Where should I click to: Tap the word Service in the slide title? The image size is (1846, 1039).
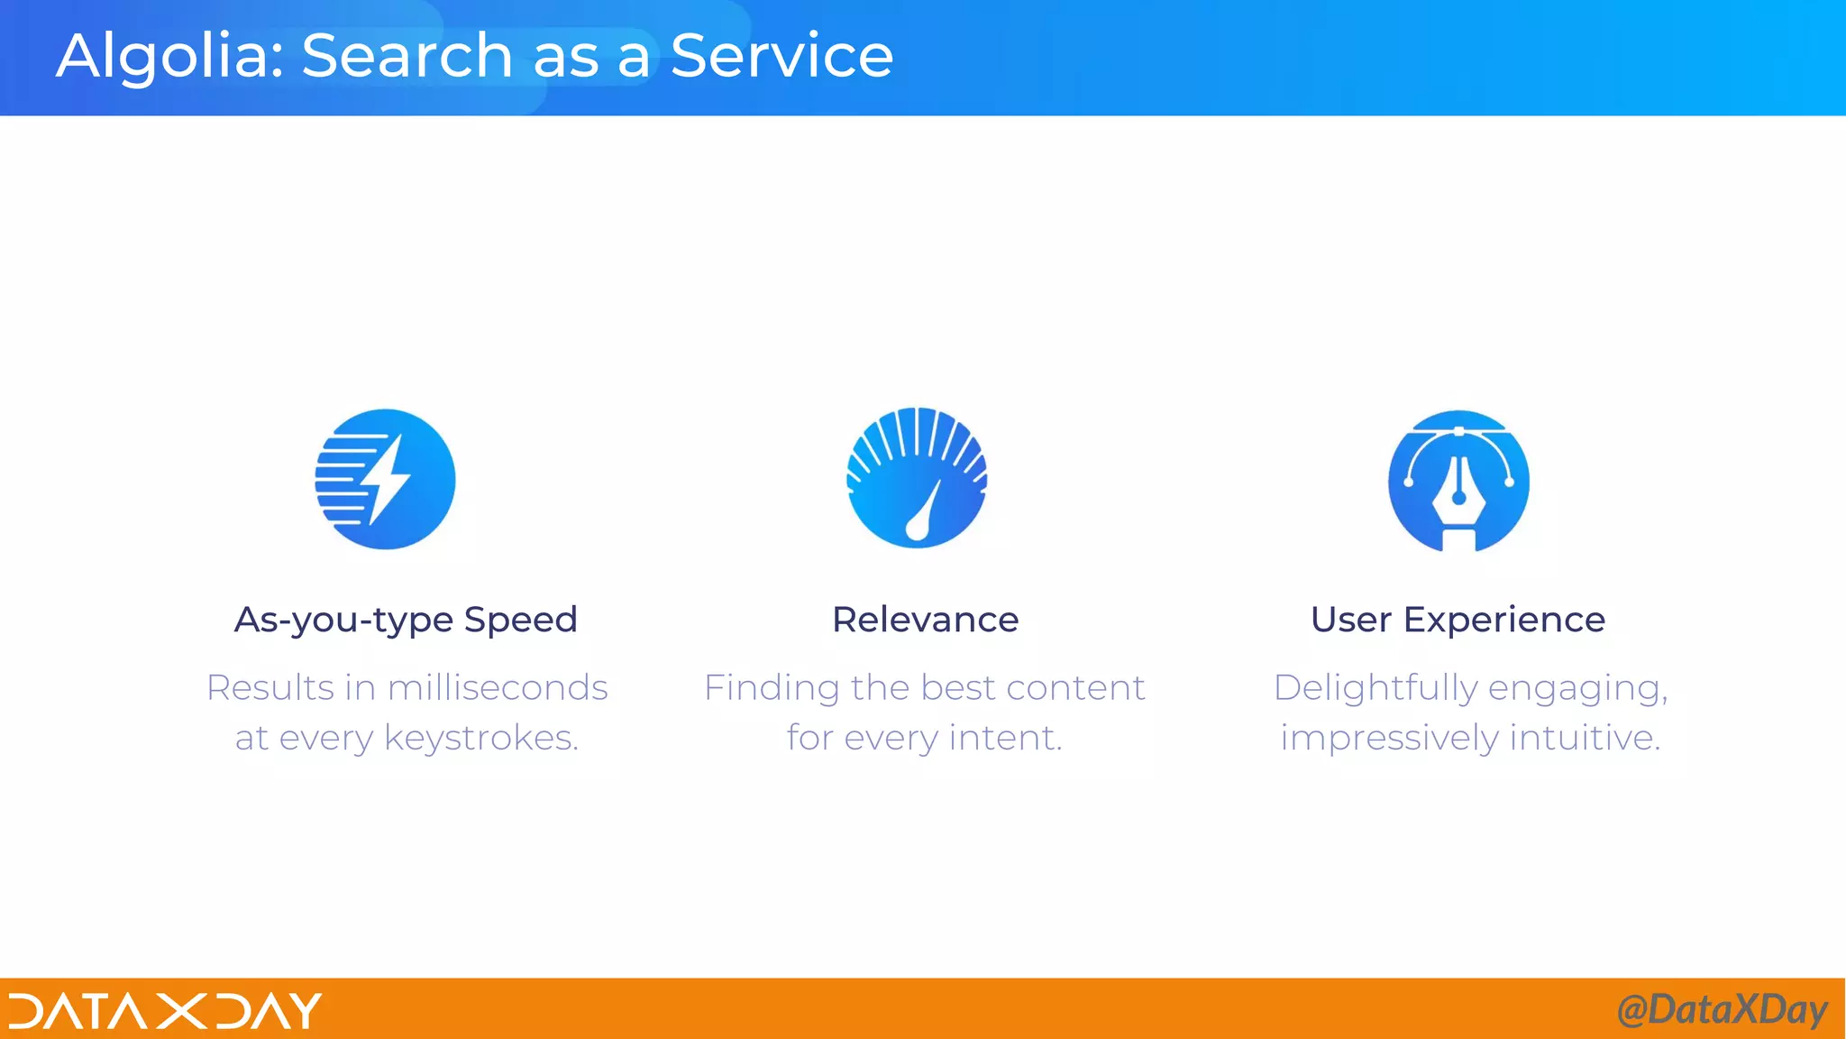click(x=781, y=56)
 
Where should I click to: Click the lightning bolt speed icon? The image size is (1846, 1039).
click(x=385, y=479)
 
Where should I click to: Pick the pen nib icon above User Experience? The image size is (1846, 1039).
click(x=1458, y=481)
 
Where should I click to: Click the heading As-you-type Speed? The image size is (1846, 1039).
click(x=406, y=621)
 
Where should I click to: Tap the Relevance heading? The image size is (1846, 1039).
click(x=925, y=621)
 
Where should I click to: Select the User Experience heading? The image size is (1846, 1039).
click(x=1458, y=621)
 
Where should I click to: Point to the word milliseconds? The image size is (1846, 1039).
click(x=498, y=688)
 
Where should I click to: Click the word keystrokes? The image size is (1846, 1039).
click(x=480, y=739)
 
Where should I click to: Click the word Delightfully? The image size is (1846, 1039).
click(x=1375, y=689)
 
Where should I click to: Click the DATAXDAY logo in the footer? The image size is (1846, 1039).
click(x=165, y=1010)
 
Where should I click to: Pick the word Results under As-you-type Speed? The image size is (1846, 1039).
click(x=270, y=688)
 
